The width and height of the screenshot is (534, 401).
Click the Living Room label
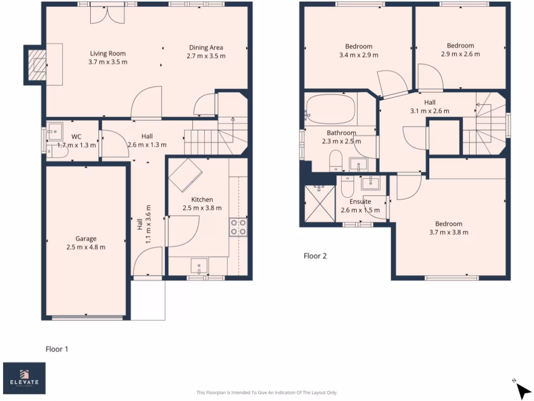click(x=108, y=53)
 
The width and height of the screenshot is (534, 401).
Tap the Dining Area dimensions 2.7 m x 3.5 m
click(x=206, y=56)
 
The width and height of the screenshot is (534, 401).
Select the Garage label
click(x=86, y=239)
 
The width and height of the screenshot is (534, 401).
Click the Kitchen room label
click(x=202, y=199)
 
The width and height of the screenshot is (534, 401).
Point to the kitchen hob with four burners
click(x=238, y=228)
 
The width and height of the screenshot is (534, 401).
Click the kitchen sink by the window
click(x=199, y=266)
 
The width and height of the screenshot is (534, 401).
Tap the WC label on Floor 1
click(x=76, y=136)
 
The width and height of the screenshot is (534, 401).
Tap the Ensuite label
click(x=360, y=201)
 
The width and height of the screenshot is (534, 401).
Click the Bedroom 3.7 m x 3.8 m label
click(x=448, y=224)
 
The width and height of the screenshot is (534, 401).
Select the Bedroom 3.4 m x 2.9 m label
click(x=359, y=46)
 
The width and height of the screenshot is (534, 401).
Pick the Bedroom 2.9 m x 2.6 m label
click(x=460, y=45)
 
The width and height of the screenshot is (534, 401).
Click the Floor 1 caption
click(x=57, y=349)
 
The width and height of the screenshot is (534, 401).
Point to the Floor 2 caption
click(x=315, y=256)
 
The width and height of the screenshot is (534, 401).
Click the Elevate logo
click(x=24, y=378)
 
